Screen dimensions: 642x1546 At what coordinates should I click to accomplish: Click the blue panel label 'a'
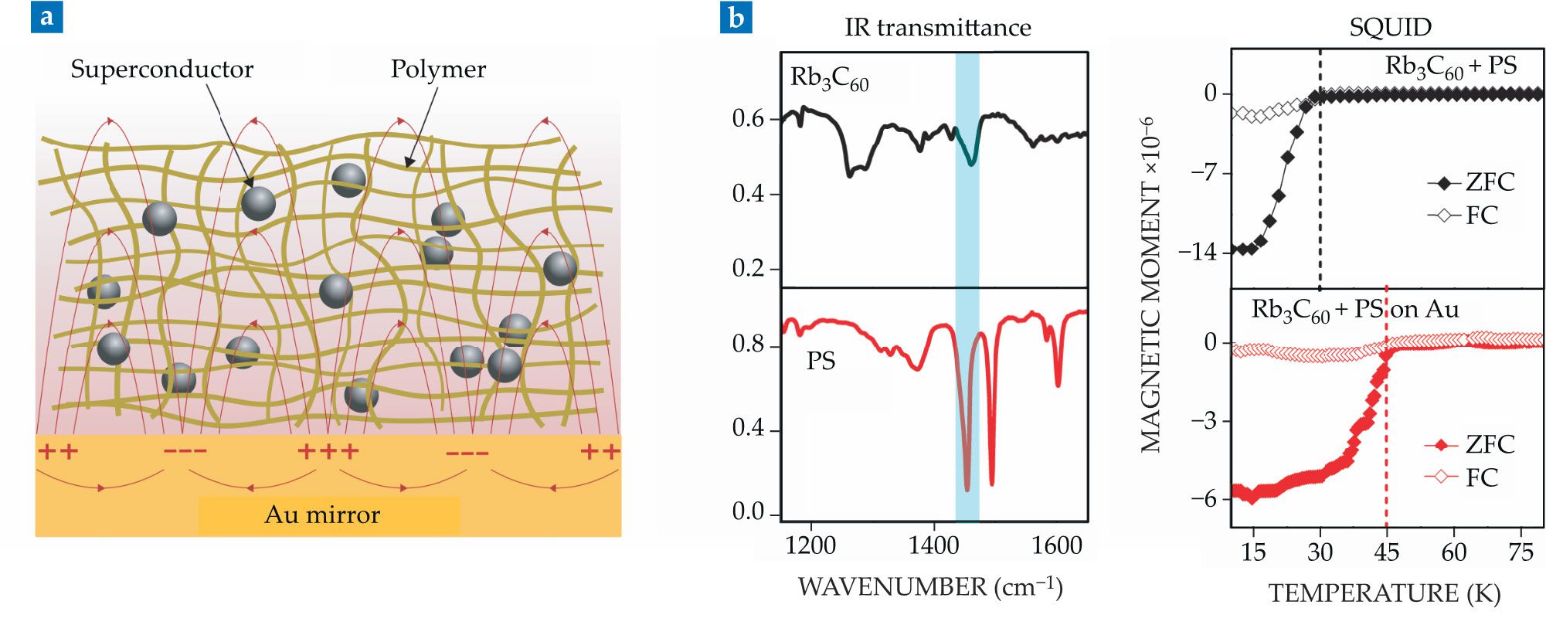pyautogui.click(x=46, y=17)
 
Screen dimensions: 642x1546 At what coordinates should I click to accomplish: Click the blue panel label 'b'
pyautogui.click(x=736, y=17)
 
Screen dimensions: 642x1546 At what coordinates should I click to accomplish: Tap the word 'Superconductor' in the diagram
pyautogui.click(x=161, y=70)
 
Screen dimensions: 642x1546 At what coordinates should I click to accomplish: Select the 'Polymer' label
pyautogui.click(x=438, y=70)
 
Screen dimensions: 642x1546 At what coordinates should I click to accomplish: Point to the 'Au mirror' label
pyautogui.click(x=322, y=515)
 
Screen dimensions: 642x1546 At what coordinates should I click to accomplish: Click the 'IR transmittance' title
pyautogui.click(x=937, y=28)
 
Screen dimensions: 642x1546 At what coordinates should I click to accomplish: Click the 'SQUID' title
pyautogui.click(x=1390, y=28)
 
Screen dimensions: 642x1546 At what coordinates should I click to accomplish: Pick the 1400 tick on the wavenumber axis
pyautogui.click(x=933, y=546)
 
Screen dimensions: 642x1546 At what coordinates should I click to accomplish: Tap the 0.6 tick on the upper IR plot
pyautogui.click(x=748, y=119)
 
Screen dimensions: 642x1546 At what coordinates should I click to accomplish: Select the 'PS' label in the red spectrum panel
pyautogui.click(x=821, y=361)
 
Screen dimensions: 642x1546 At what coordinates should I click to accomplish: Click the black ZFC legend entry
pyautogui.click(x=1472, y=183)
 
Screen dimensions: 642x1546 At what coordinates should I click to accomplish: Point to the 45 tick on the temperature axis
pyautogui.click(x=1387, y=552)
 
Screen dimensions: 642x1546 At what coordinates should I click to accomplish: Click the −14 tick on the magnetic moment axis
pyautogui.click(x=1198, y=252)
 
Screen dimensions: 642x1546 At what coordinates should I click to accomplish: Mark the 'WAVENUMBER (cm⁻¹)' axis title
pyautogui.click(x=930, y=587)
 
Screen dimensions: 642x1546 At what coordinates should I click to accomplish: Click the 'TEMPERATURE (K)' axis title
pyautogui.click(x=1385, y=593)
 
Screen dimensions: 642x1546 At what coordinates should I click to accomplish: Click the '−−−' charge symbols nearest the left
pyautogui.click(x=185, y=451)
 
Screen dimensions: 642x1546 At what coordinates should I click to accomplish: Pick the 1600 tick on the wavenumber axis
pyautogui.click(x=1056, y=546)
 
